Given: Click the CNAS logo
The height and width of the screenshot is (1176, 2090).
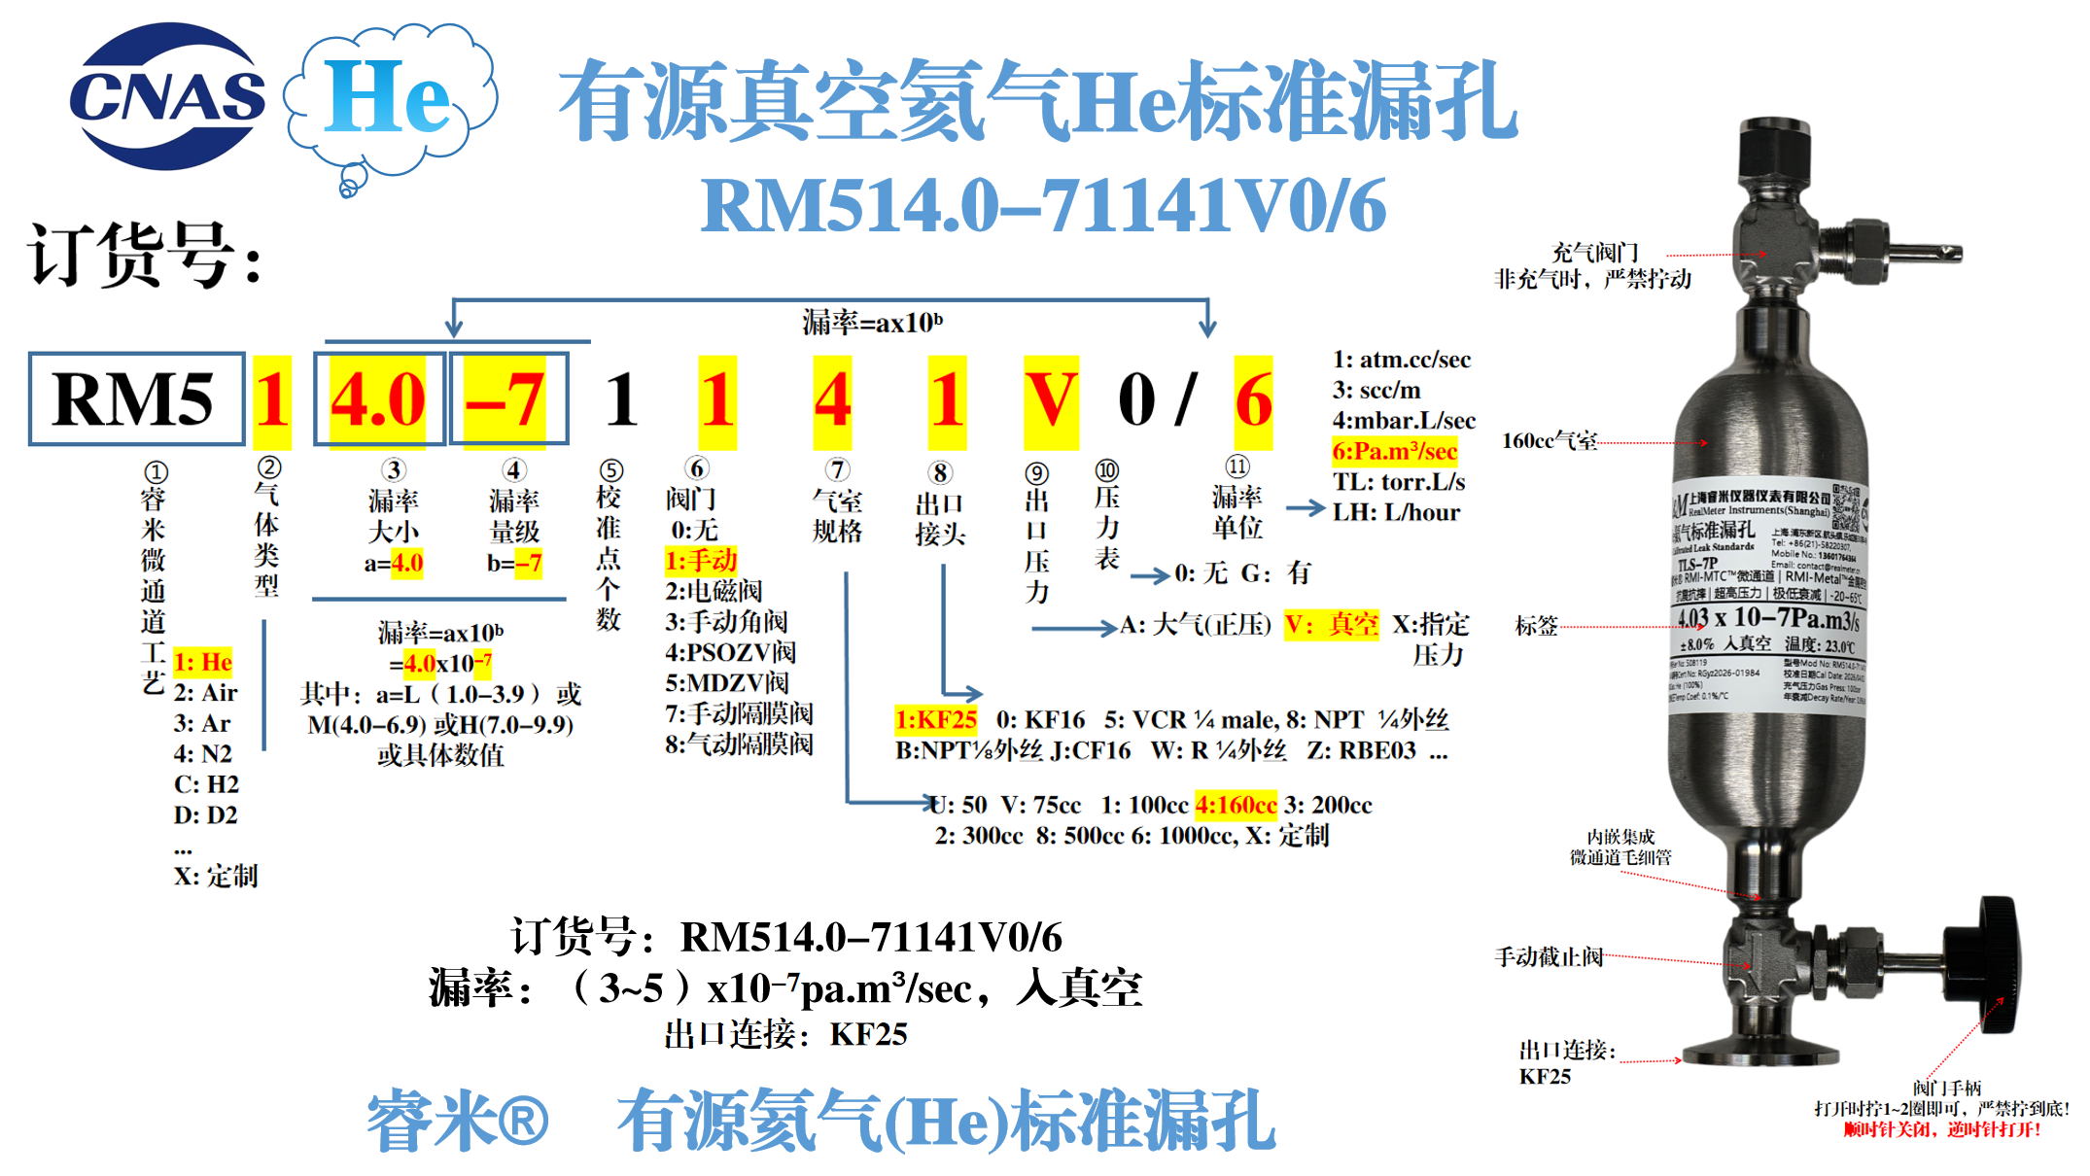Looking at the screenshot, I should pos(167,97).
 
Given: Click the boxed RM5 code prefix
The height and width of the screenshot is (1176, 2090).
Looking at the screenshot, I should pos(135,399).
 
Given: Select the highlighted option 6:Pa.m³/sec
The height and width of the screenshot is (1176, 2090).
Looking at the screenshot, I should pos(1394,451).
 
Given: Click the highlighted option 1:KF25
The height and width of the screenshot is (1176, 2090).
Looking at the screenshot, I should pos(936,720).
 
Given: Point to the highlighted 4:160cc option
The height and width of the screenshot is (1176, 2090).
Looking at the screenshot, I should pos(1236,805).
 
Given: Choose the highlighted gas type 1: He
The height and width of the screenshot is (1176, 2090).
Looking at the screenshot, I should pos(203,663).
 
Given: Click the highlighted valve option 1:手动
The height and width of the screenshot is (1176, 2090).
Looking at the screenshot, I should pos(701,561).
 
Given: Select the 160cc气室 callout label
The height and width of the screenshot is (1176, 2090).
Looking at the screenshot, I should pos(1550,441).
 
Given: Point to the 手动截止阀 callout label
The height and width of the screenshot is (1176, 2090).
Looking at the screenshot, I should pos(1549,957).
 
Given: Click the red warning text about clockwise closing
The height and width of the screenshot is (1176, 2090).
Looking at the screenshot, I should pos(1942,1129).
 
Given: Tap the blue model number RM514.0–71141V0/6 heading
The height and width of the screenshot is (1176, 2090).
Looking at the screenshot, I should pos(1043,206).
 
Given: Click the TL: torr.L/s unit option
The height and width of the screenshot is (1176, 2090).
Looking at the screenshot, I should pos(1399,482).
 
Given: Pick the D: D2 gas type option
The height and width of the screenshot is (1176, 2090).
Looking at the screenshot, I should pos(206,815).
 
